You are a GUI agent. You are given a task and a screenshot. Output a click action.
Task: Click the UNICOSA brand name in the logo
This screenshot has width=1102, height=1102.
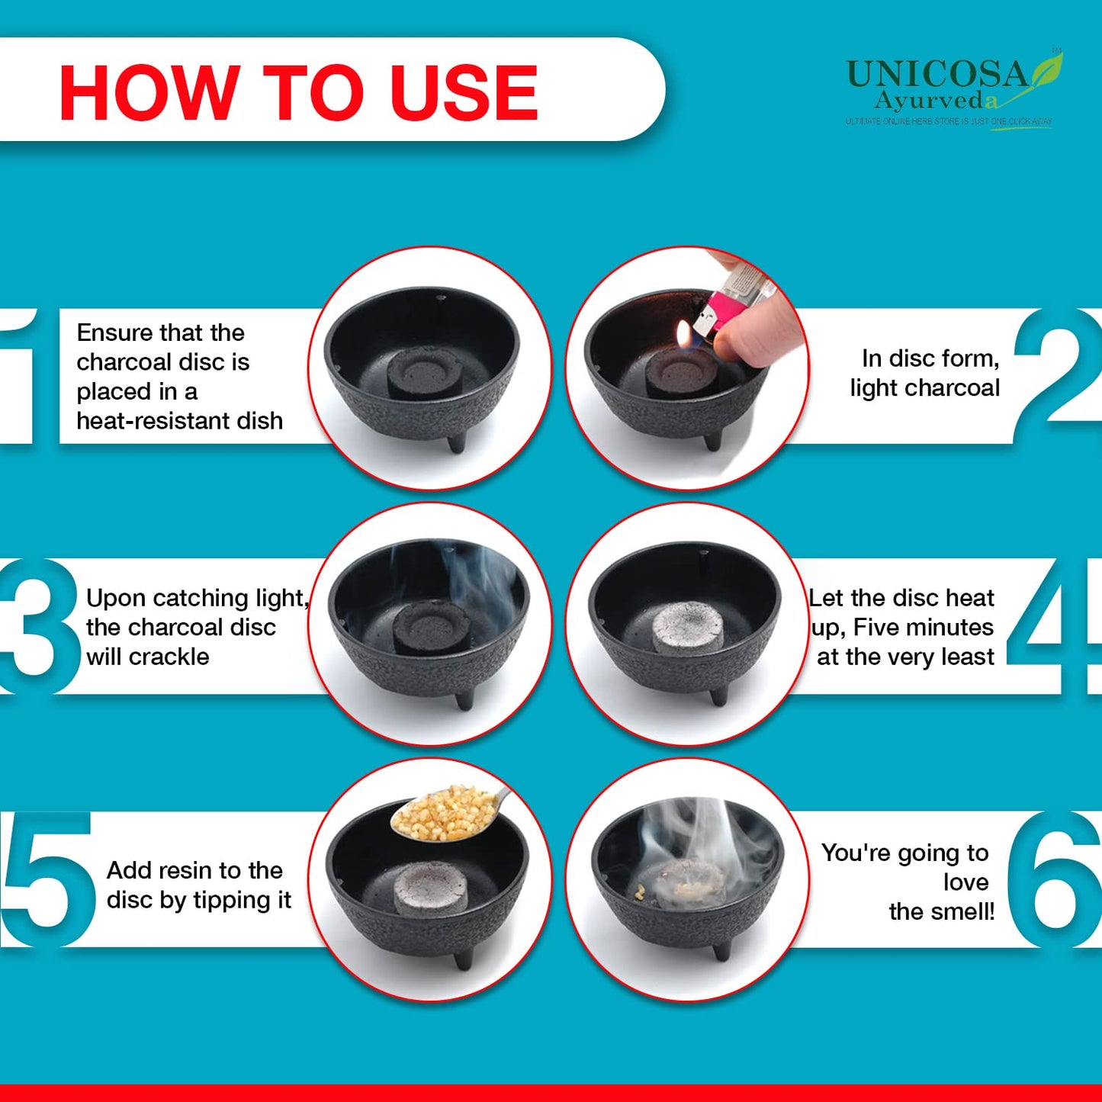937,75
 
